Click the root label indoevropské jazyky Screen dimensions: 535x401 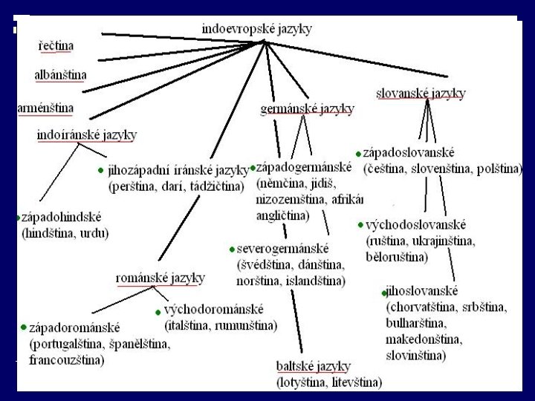(256, 29)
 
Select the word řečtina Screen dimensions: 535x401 (56, 46)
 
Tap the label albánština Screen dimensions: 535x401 (60, 75)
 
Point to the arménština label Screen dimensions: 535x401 (46, 108)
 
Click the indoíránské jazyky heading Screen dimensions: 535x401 (87, 134)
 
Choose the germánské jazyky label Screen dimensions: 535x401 (307, 108)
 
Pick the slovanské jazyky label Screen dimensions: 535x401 (421, 94)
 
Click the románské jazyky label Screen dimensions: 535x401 (160, 278)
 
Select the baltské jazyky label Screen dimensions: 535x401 (312, 367)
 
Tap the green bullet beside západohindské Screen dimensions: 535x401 (19, 218)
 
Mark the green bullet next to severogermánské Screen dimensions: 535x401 (232, 250)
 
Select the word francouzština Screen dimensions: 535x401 (66, 361)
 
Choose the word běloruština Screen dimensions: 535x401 (396, 257)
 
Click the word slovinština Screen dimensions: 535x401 (415, 356)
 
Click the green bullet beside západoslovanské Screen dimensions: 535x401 (358, 154)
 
